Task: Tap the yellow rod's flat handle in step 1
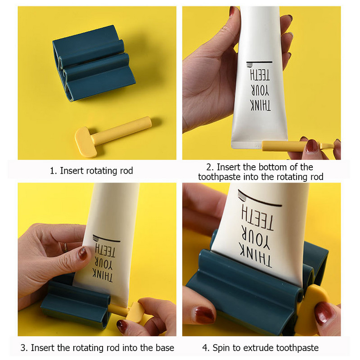pyautogui.click(x=86, y=142)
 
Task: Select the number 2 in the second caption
pyautogui.click(x=209, y=167)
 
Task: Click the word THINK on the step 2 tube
pyautogui.click(x=261, y=106)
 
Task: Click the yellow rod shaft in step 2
pyautogui.click(x=284, y=146)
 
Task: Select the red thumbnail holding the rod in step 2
pyautogui.click(x=311, y=146)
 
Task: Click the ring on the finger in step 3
pyautogui.click(x=65, y=247)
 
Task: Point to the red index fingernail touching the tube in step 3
pyautogui.click(x=83, y=253)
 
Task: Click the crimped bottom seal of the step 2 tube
pyautogui.click(x=247, y=145)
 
